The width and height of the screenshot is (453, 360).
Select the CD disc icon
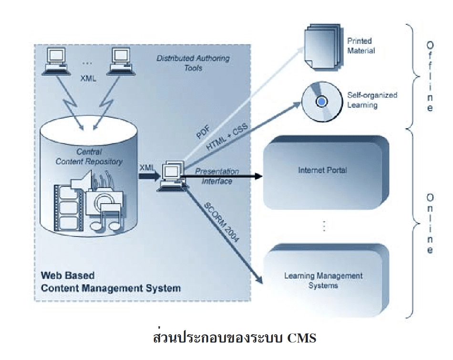[322, 102]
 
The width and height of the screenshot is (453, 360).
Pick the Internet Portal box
[323, 170]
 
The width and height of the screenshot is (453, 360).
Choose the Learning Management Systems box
[323, 280]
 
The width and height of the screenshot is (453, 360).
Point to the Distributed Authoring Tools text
[193, 63]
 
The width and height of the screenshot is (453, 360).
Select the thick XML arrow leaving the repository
[147, 175]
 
